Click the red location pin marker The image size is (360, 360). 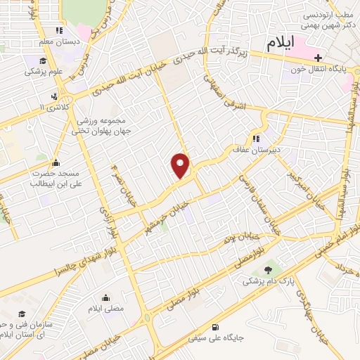181,165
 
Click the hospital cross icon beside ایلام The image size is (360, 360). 317,58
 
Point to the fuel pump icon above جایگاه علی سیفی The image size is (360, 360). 214,327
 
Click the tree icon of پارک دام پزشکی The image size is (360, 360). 266,270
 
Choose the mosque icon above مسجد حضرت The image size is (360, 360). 56,162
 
